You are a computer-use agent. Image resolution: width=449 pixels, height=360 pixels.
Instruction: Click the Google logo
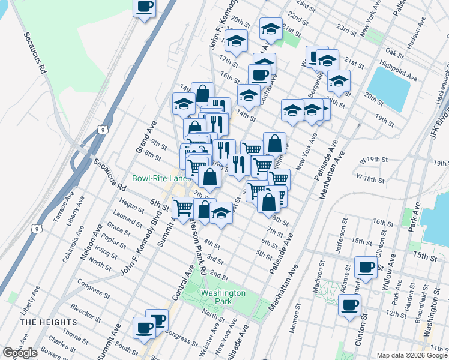(20, 353)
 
